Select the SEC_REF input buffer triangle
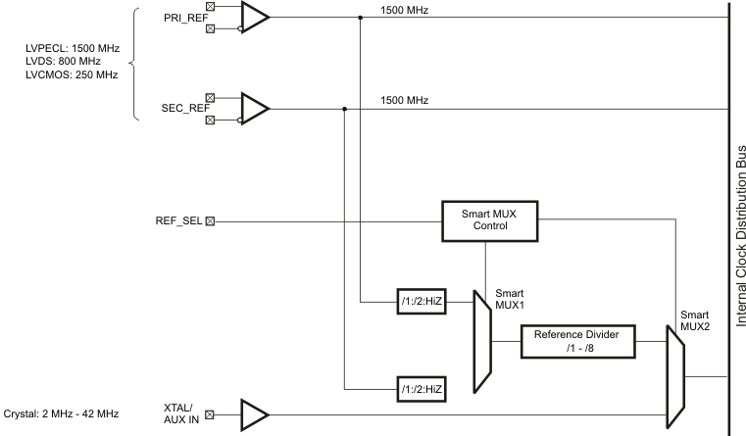click(253, 109)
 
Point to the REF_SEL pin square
click(210, 220)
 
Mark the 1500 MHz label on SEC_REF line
click(403, 101)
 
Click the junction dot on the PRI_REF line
click(360, 17)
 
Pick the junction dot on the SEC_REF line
click(344, 109)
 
